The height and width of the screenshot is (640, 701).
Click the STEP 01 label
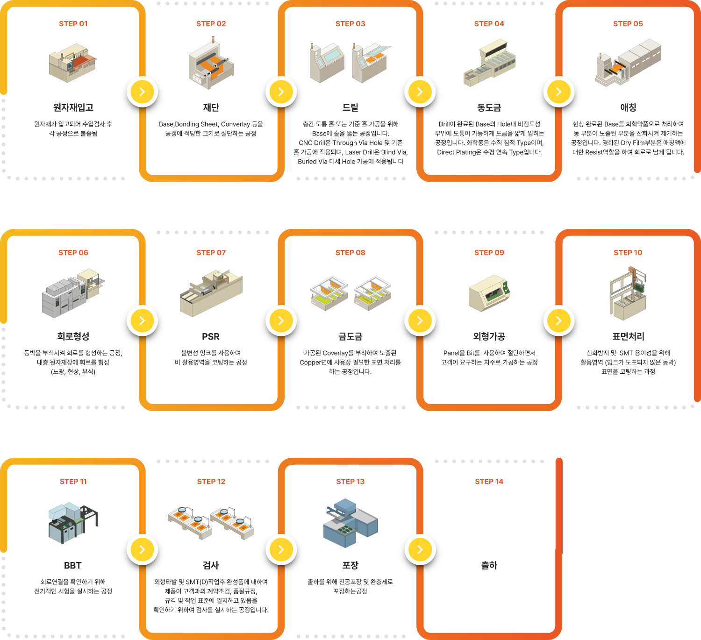tap(73, 24)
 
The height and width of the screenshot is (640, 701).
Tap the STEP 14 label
tap(489, 482)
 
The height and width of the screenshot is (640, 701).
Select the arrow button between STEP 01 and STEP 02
tap(142, 92)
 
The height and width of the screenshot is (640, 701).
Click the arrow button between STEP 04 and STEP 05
tap(558, 92)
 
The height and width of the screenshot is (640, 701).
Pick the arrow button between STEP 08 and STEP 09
tap(420, 320)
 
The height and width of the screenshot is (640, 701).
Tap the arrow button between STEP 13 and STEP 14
tap(420, 549)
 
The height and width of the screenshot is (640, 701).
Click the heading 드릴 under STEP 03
tap(350, 107)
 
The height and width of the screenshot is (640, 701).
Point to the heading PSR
tap(211, 336)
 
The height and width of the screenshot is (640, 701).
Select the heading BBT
tap(73, 565)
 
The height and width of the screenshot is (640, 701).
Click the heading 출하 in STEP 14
tap(489, 565)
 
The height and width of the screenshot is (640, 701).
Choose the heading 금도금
tap(350, 336)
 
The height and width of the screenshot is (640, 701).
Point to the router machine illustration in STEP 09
tap(489, 293)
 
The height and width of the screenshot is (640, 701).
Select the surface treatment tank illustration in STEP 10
tap(628, 294)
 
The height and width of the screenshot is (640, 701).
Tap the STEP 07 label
tap(211, 253)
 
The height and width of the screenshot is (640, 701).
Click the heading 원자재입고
tap(73, 107)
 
